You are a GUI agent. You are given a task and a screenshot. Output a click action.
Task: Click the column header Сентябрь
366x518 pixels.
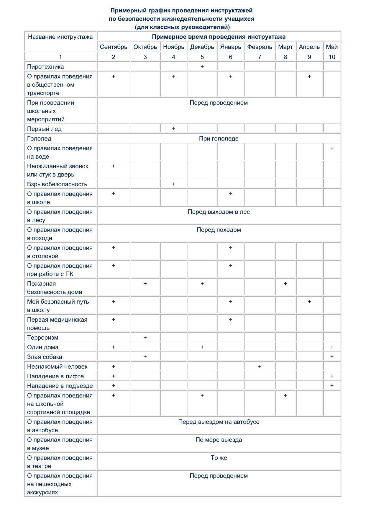[114, 47]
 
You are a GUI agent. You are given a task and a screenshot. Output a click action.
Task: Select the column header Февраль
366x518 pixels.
[260, 47]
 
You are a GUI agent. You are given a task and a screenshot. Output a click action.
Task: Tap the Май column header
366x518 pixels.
[332, 47]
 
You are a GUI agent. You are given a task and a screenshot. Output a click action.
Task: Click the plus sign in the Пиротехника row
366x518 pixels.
[202, 67]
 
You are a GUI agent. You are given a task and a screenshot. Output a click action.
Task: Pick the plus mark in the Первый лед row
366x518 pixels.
[174, 129]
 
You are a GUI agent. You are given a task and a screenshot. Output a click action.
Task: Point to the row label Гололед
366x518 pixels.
[39, 139]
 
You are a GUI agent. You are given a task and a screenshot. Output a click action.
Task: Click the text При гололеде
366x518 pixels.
[219, 139]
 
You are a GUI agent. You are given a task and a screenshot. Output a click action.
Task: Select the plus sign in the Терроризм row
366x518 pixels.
[145, 337]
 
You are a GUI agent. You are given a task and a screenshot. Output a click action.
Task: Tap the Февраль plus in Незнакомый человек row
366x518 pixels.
[260, 366]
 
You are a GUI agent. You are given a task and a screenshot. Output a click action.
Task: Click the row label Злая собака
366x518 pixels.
[45, 357]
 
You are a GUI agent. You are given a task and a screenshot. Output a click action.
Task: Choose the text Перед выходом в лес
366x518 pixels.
[219, 212]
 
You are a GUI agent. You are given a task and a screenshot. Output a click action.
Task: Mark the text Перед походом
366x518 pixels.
[219, 230]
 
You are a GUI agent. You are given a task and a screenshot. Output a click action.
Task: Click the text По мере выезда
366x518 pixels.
[219, 440]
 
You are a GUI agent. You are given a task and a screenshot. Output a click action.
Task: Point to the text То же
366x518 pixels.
[219, 458]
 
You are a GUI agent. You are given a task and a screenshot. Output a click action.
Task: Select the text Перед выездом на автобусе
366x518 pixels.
[219, 422]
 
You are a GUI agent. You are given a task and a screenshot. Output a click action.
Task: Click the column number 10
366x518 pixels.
[332, 57]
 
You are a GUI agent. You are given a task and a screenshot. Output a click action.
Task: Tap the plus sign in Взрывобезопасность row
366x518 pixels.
[174, 184]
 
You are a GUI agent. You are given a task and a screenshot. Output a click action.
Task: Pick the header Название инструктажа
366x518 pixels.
[60, 37]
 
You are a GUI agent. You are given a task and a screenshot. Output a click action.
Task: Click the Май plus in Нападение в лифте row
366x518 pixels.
[332, 376]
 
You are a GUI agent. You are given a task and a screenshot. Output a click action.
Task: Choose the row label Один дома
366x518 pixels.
[43, 347]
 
